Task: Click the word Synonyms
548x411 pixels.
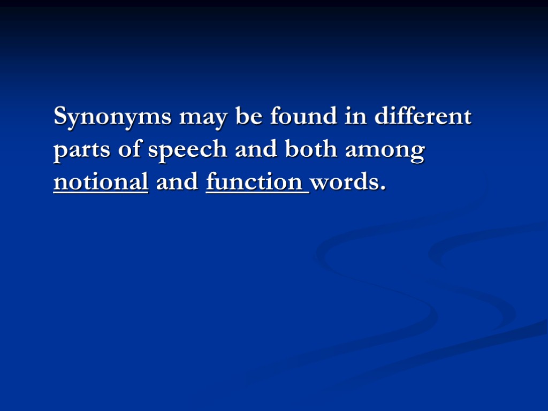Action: [112, 117]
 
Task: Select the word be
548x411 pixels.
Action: [248, 116]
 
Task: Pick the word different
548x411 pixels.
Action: [422, 116]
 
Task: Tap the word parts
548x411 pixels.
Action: [81, 150]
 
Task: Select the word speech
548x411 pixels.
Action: [187, 150]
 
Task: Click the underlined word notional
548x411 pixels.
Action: [101, 182]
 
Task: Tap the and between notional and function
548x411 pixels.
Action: [177, 182]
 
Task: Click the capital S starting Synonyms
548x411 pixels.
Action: [61, 116]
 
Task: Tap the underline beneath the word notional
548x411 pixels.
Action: [101, 192]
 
